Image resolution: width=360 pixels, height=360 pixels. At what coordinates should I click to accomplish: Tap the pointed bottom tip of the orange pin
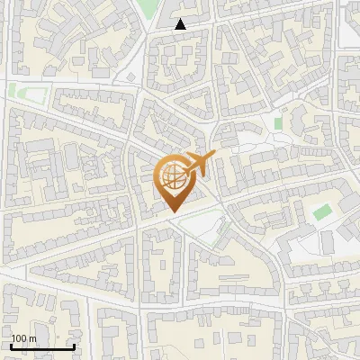click(x=174, y=212)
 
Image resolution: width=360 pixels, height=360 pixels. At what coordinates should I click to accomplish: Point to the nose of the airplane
click(x=213, y=157)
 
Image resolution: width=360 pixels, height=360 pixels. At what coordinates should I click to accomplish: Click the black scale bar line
click(x=42, y=346)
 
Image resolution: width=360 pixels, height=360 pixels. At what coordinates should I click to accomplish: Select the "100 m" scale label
click(x=24, y=338)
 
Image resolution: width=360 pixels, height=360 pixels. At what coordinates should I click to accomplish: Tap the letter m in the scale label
click(x=32, y=338)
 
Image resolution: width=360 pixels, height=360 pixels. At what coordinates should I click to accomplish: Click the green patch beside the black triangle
click(x=147, y=8)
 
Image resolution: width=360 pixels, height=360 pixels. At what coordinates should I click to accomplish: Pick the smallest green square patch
click(x=278, y=121)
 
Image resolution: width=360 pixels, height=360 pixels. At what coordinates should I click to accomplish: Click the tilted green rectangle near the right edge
click(x=322, y=212)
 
